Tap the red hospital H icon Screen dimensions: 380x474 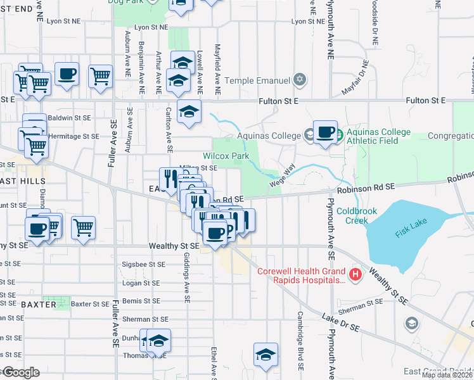pos(355,274)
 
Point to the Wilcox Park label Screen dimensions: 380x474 pos(226,156)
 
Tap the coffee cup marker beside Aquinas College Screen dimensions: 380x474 pos(325,132)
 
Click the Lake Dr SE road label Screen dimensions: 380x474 pos(340,322)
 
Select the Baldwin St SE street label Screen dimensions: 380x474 pos(69,118)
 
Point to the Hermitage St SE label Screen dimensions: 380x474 pos(73,136)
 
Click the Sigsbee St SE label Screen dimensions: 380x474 pos(143,264)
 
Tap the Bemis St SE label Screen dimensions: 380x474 pos(141,301)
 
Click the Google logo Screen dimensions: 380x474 pos(20,372)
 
